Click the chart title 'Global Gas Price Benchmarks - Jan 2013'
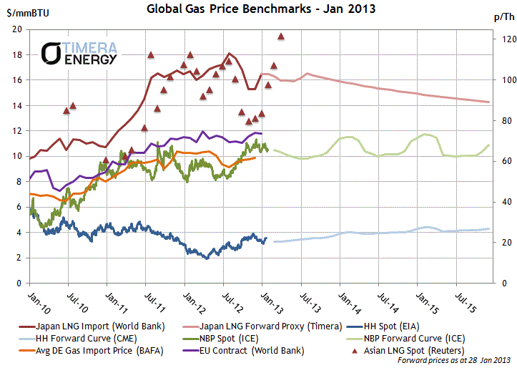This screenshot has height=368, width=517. (x=261, y=9)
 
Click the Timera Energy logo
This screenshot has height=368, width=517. (x=79, y=53)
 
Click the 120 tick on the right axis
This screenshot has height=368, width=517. (x=501, y=39)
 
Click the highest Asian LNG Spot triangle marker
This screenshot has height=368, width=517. (x=281, y=36)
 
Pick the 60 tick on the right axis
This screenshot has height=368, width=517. (x=499, y=162)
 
